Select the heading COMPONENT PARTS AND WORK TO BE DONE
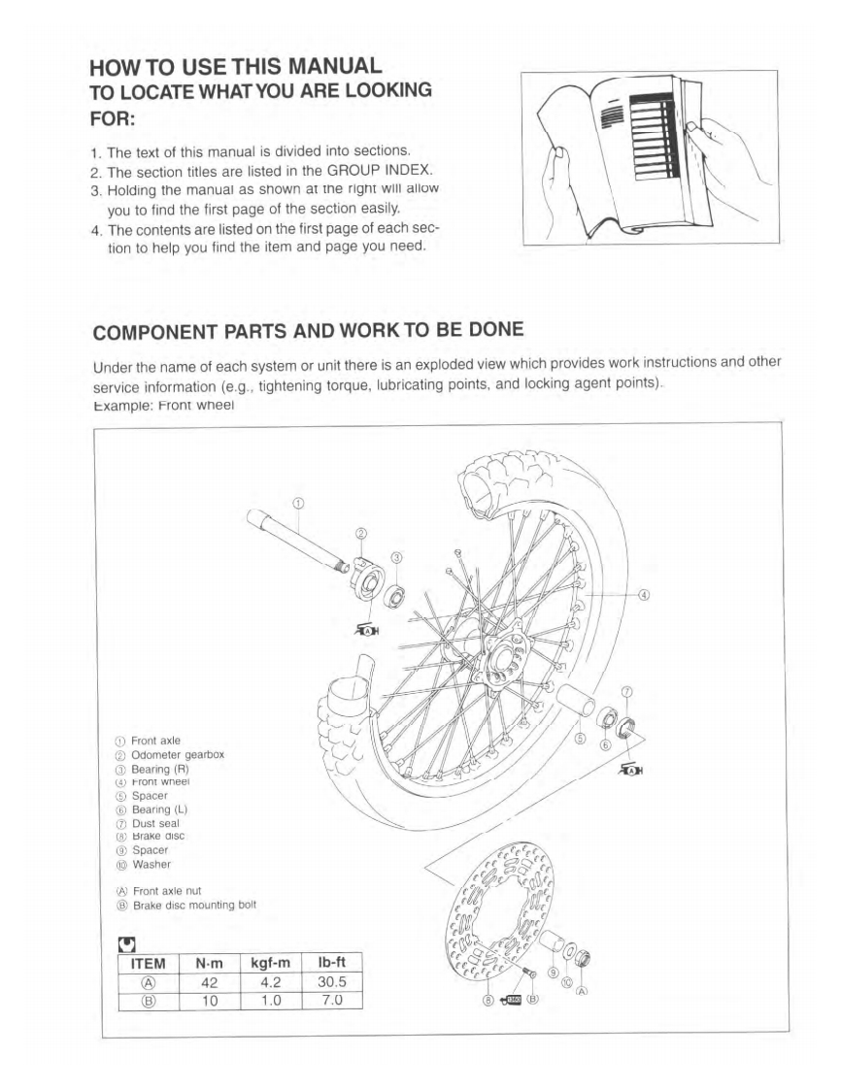click(308, 330)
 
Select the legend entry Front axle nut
click(170, 891)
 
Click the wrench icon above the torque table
click(125, 942)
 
